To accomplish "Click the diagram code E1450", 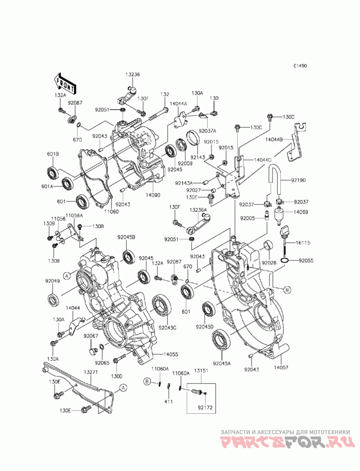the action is [x=300, y=66].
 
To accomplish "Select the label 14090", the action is [x=154, y=195].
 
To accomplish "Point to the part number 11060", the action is [x=112, y=211].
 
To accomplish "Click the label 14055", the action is [x=171, y=354].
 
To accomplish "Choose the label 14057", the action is [x=282, y=367].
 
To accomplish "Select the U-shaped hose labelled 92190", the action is [x=275, y=181].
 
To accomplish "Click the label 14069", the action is [x=301, y=212].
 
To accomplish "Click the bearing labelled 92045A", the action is [x=221, y=339].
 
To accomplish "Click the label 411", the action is [x=169, y=402].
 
